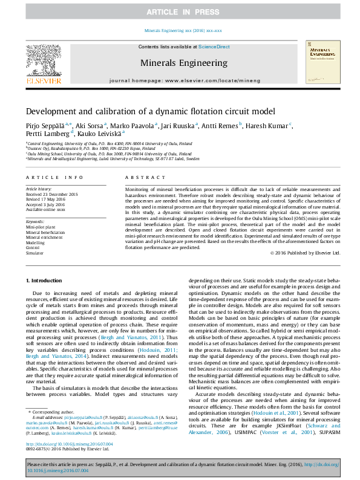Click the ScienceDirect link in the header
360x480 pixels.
214,47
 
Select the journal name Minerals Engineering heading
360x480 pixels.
180,62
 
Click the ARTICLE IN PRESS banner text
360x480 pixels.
180,12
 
